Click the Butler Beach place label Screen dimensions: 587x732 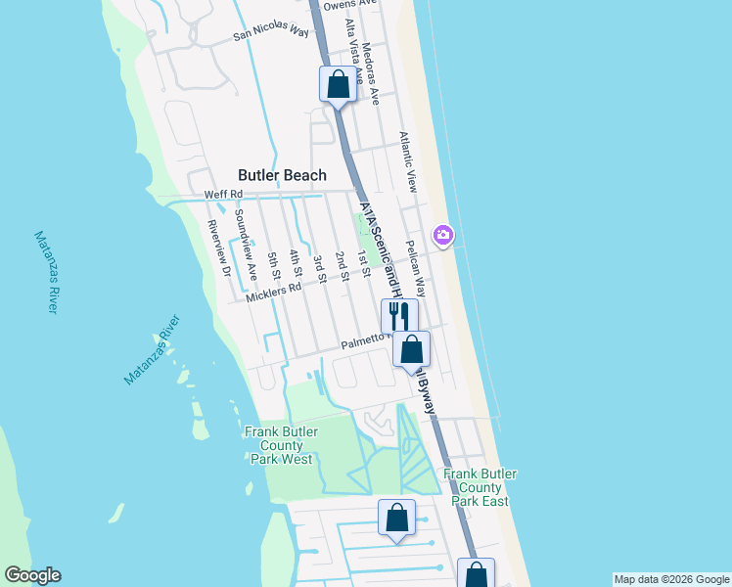tap(282, 175)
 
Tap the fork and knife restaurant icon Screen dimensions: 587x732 tap(398, 316)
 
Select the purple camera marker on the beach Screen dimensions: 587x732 tap(443, 235)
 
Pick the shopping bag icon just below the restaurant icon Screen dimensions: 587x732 tap(412, 349)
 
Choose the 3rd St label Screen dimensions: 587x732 tap(319, 265)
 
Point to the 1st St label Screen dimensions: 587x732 tap(363, 263)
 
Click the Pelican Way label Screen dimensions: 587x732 tap(415, 268)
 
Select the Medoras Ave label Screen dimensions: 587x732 tap(369, 73)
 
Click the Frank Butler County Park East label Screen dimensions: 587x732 tap(480, 486)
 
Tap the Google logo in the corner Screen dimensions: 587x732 tap(32, 576)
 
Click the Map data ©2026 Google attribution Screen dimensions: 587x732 tap(670, 579)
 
